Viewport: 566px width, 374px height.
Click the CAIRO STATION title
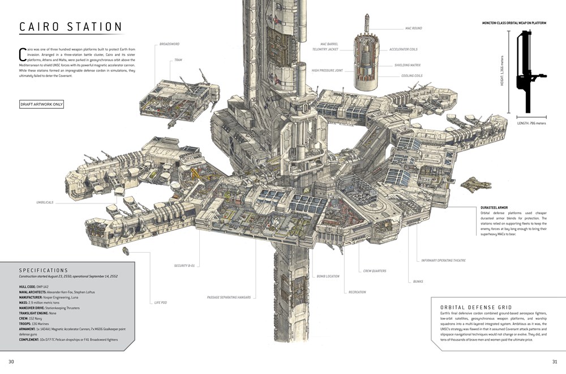[x=71, y=27]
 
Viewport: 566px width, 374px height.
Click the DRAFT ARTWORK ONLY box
[x=42, y=104]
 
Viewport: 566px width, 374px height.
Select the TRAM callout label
[x=178, y=59]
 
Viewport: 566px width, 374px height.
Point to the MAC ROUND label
[x=413, y=28]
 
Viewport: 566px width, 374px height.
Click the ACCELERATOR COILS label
[x=403, y=49]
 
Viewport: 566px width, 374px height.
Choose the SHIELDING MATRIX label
[x=407, y=65]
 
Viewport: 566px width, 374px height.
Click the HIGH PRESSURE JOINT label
[x=327, y=71]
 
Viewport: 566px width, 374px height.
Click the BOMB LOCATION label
[x=328, y=276]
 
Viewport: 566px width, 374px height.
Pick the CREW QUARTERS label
[x=375, y=271]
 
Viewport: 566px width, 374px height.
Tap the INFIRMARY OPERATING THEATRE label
[x=443, y=260]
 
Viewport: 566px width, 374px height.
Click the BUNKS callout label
[x=418, y=282]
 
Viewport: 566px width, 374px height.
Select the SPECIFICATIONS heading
[x=44, y=270]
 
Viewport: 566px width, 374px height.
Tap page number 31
[x=555, y=362]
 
